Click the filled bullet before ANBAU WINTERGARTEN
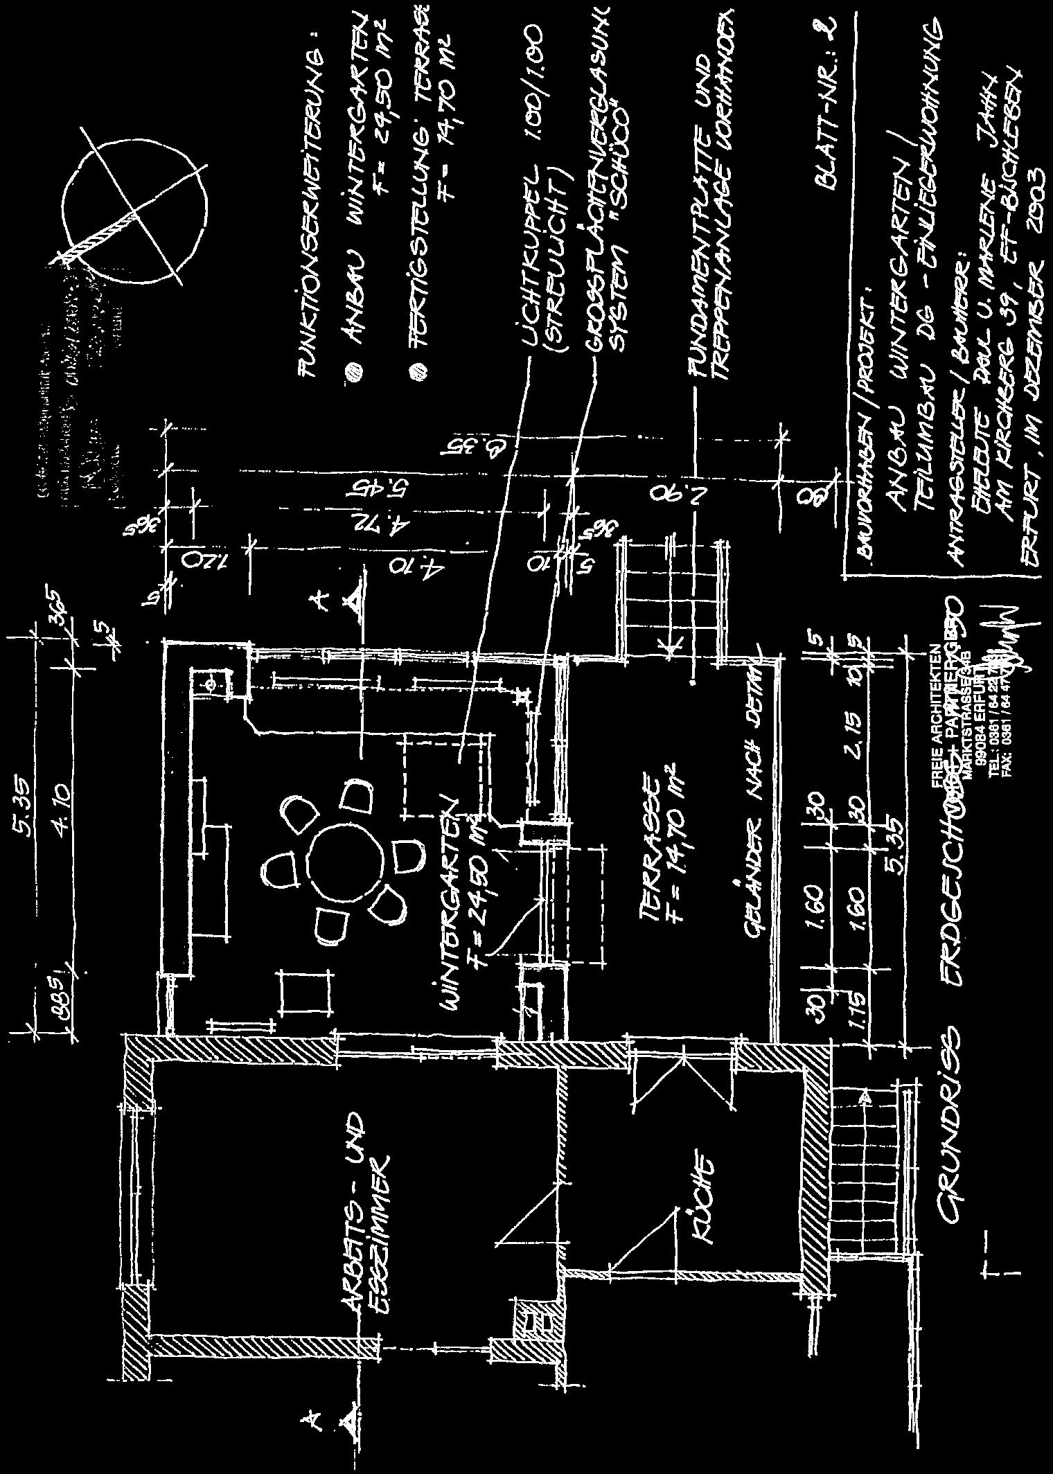pos(354,373)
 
